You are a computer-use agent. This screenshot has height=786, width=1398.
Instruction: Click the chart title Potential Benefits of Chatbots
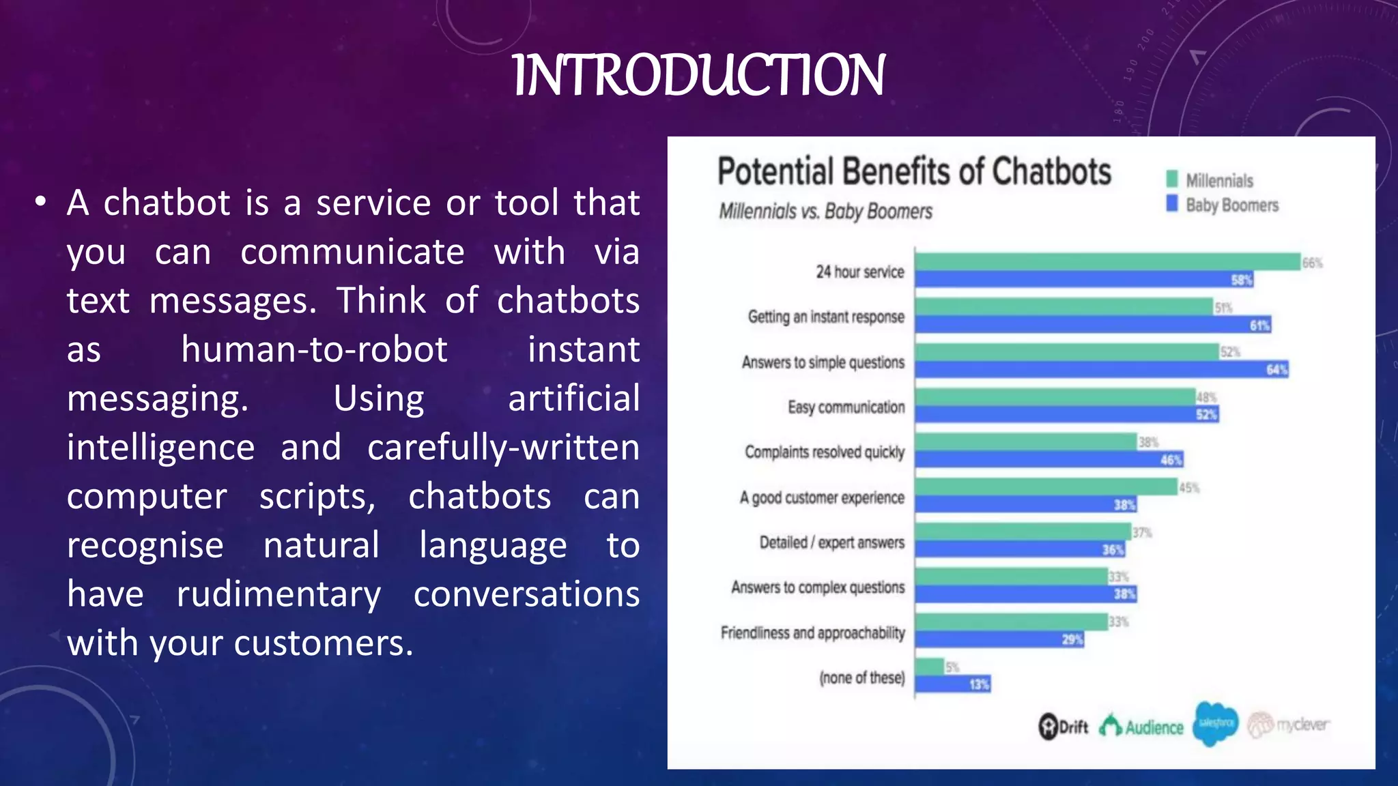[x=914, y=171]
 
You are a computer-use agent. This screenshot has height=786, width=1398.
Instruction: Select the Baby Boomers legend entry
[x=1222, y=205]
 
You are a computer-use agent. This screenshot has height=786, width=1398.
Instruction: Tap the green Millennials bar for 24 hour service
[x=1106, y=262]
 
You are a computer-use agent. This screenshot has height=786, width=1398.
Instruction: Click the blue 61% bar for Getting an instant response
[x=1092, y=325]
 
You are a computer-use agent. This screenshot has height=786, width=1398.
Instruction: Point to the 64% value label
[x=1276, y=370]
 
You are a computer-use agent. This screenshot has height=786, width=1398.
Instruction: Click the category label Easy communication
[x=846, y=407]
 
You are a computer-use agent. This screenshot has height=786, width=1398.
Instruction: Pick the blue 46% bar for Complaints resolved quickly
[x=1048, y=459]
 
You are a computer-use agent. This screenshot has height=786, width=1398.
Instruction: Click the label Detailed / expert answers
[x=831, y=542]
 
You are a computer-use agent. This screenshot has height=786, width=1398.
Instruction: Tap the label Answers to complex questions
[x=818, y=587]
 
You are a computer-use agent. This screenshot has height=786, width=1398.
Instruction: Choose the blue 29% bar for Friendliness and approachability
[x=999, y=639]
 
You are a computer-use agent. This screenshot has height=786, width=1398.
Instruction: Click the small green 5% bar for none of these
[x=930, y=667]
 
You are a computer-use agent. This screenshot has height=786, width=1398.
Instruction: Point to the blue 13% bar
[x=952, y=684]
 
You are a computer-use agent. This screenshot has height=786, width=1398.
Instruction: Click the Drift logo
[x=1063, y=727]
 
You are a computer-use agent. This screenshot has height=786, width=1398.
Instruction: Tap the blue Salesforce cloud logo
[x=1215, y=723]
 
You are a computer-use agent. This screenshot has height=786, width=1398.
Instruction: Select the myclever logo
[x=1288, y=725]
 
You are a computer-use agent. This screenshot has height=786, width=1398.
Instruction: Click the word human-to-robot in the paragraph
[x=314, y=349]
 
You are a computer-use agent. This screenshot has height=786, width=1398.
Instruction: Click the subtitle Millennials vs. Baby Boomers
[x=825, y=212]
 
